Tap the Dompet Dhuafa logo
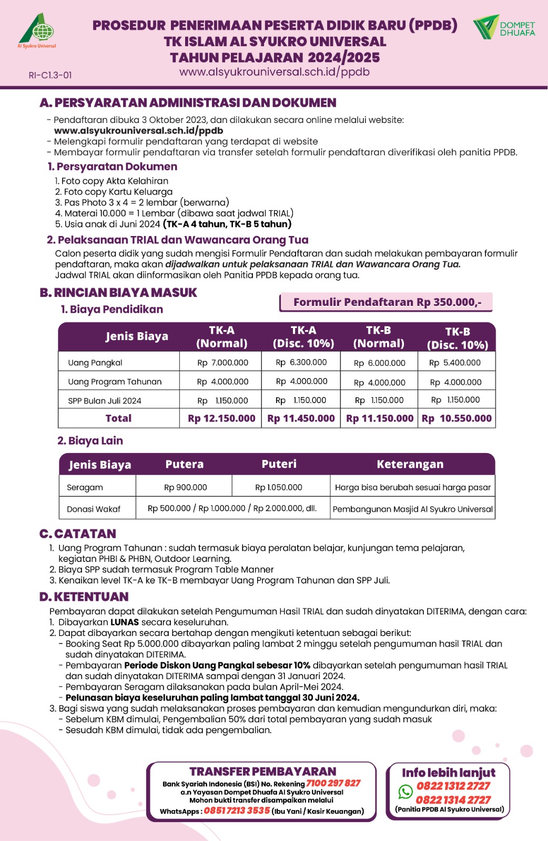coord(504,27)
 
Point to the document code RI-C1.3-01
coord(50,75)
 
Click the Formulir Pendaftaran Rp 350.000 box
coord(387,302)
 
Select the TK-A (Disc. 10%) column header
coord(303,337)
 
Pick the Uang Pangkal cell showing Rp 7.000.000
coord(222,363)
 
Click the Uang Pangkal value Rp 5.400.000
coord(455,363)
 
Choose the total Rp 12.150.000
coord(221,418)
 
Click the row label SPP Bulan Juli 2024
coord(105,401)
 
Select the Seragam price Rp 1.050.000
coord(279,487)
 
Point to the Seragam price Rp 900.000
coord(186,487)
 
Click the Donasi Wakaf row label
coord(94,509)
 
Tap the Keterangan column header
coord(410,464)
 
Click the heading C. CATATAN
coord(78,534)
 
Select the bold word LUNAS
coord(125,622)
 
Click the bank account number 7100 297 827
coord(333,783)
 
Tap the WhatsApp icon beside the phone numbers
coord(405,792)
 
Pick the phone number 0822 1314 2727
coord(453,799)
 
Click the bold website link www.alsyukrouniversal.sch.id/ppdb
coord(138,131)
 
